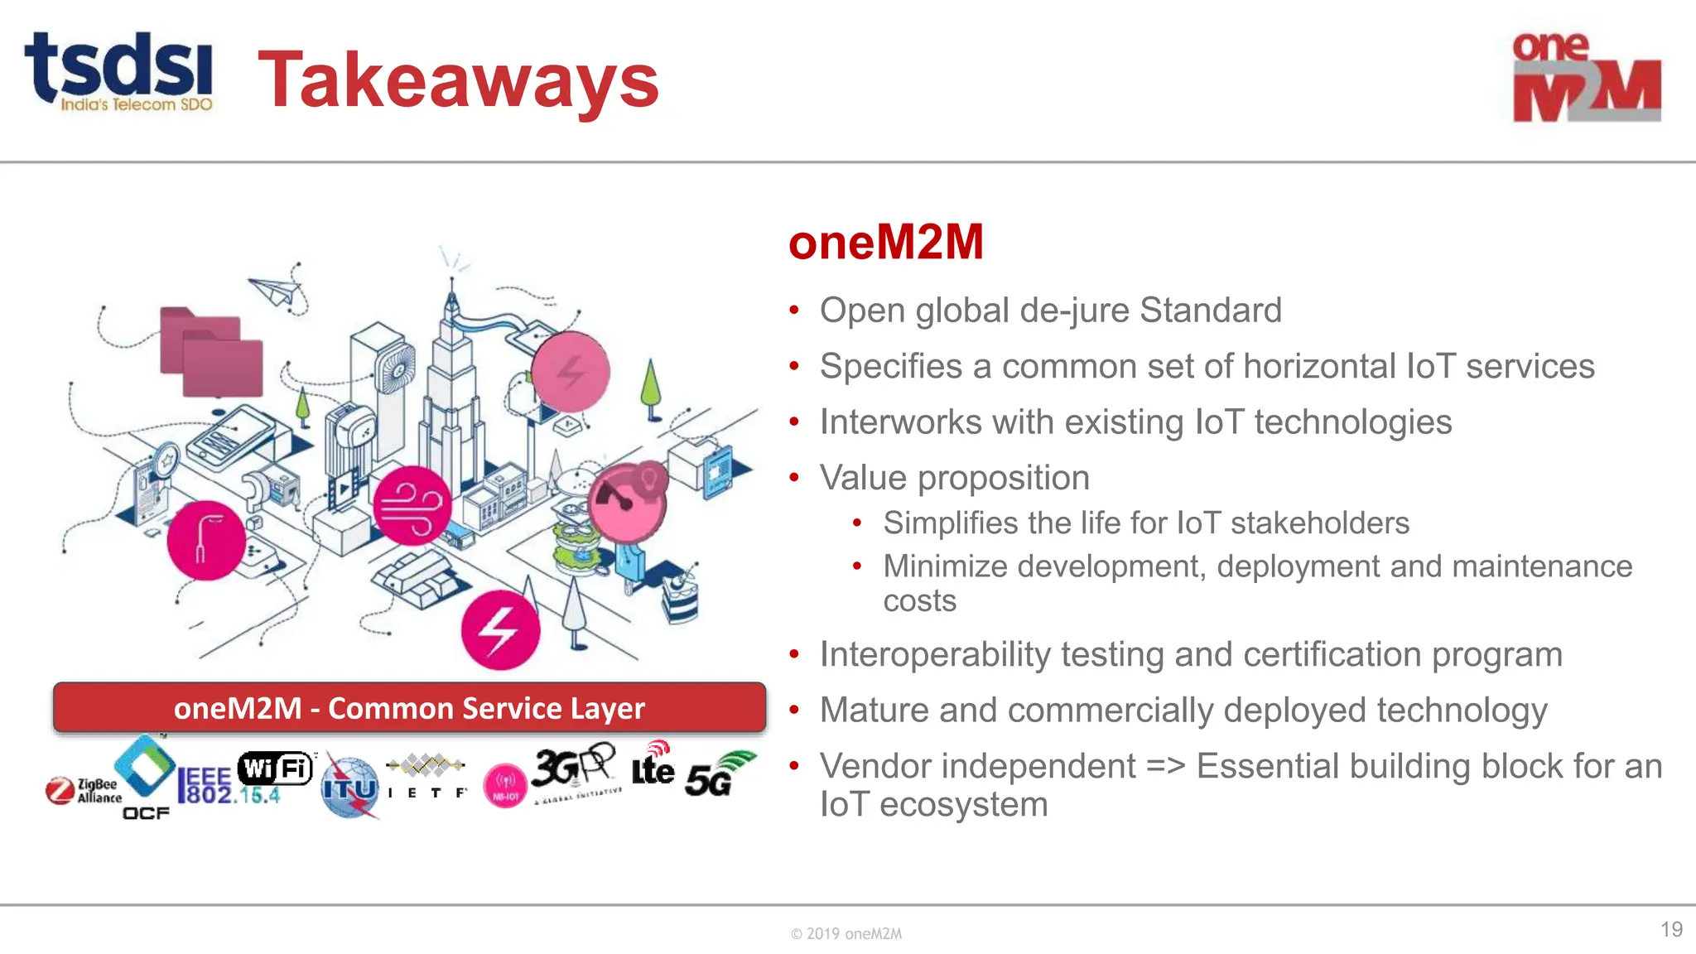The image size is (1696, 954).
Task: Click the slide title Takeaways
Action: point(458,80)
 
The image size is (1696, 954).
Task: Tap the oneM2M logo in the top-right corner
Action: point(1586,78)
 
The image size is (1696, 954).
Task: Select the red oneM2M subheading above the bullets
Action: point(885,243)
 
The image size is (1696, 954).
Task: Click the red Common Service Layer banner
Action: point(409,708)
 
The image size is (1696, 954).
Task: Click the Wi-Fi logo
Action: point(276,768)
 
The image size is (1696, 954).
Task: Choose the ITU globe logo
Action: point(349,788)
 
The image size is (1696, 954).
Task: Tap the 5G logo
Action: point(717,775)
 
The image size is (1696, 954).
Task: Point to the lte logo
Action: point(653,766)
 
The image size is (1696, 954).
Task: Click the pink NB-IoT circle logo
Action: point(505,785)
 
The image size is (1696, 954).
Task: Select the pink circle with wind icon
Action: point(412,505)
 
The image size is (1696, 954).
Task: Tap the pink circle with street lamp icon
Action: point(206,540)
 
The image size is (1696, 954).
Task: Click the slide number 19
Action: point(1671,929)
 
